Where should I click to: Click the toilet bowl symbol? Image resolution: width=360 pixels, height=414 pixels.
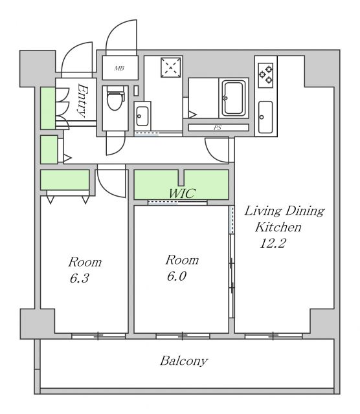tap(115, 100)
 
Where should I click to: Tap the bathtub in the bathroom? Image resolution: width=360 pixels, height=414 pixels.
tap(233, 98)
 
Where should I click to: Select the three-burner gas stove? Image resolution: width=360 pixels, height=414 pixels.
tap(265, 75)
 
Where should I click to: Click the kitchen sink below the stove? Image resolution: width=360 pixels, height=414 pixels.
tap(265, 117)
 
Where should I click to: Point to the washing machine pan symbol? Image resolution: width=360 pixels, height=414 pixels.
tap(171, 67)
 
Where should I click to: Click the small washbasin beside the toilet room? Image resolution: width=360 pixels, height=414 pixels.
tap(142, 116)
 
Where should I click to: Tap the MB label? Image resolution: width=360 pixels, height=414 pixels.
tap(119, 69)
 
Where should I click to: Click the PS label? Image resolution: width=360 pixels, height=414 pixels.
tap(218, 128)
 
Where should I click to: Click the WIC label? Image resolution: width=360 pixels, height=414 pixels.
tap(182, 193)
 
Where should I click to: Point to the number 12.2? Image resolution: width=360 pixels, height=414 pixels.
tap(273, 243)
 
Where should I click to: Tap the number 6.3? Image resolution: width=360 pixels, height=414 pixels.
tap(79, 278)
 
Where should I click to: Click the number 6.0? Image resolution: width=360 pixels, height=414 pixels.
tap(177, 276)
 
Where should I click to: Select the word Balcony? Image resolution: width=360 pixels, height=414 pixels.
tap(184, 361)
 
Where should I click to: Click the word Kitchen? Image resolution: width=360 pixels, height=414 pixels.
tap(278, 227)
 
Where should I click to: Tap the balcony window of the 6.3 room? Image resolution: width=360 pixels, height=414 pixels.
tap(98, 336)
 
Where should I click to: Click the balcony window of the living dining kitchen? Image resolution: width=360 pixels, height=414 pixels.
tap(273, 336)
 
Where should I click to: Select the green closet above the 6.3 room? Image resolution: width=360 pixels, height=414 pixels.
tap(65, 180)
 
